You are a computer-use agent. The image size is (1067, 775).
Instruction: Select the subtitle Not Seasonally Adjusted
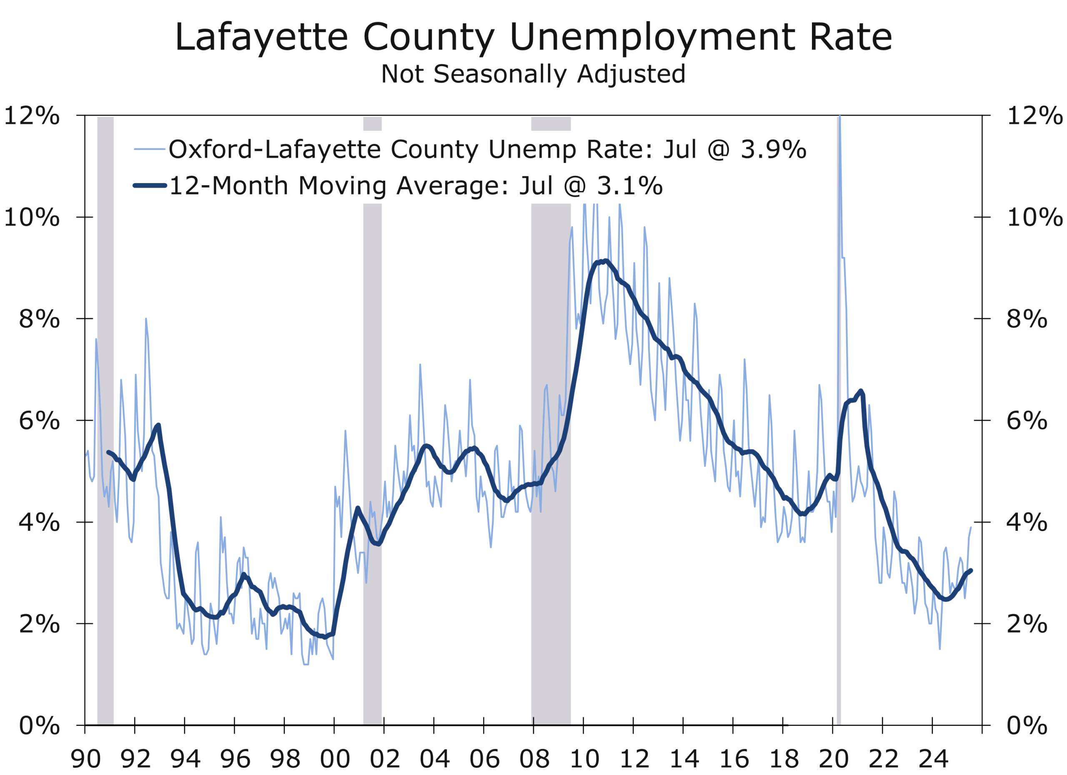tap(533, 74)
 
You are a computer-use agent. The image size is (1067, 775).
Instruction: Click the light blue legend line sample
tap(150, 149)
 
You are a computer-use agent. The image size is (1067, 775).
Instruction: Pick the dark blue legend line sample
tap(150, 186)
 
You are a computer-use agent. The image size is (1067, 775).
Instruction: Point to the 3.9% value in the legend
tap(774, 149)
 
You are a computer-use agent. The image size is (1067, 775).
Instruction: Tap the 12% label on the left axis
tap(32, 116)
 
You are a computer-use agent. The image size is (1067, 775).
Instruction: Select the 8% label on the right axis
tap(1027, 319)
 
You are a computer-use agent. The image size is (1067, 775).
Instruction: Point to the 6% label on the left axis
tap(40, 421)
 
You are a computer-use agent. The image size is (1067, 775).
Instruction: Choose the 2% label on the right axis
tap(1027, 624)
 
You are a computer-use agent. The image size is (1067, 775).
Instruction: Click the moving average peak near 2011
tap(606, 261)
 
